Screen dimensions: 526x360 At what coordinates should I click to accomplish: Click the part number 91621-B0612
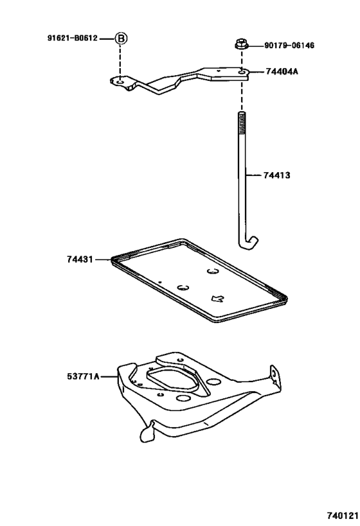click(x=72, y=38)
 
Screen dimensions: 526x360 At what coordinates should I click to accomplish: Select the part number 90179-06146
click(x=289, y=46)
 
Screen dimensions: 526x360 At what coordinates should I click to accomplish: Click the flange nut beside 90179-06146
click(x=242, y=46)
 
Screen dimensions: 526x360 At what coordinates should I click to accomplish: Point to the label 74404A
click(x=282, y=72)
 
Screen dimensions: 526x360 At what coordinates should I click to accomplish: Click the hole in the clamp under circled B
click(x=120, y=82)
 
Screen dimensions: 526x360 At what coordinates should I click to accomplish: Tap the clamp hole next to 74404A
click(x=240, y=73)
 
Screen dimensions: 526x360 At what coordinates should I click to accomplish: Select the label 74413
click(x=276, y=175)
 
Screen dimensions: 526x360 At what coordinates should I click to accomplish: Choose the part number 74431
click(x=79, y=259)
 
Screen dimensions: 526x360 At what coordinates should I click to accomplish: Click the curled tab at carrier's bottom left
click(x=145, y=433)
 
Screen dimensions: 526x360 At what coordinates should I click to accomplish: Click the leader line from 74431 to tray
click(x=103, y=259)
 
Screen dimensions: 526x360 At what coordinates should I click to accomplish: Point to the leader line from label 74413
click(x=254, y=175)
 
